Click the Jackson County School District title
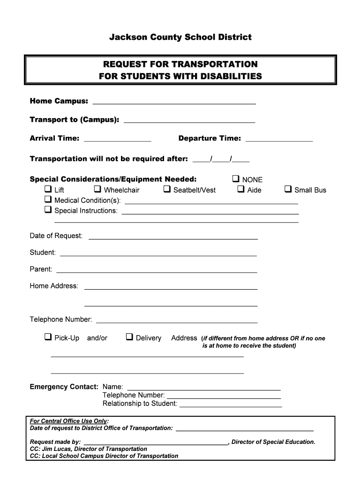[180, 37]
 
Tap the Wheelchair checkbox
[98, 189]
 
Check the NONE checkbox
[236, 179]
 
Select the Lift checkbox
[48, 189]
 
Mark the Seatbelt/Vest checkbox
[167, 189]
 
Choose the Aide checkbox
[241, 189]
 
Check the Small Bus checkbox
[288, 189]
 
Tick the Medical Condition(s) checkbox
[48, 200]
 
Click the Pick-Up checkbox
[48, 337]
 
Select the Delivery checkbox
[129, 337]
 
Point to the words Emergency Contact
[64, 387]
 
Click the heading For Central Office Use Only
[68, 421]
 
